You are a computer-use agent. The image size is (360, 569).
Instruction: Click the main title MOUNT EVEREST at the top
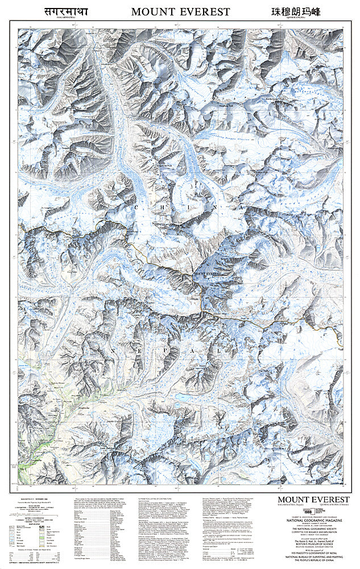[x=180, y=11]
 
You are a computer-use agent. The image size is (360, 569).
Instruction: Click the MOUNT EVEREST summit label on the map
[x=207, y=274]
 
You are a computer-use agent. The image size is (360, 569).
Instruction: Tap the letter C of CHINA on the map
[x=136, y=209]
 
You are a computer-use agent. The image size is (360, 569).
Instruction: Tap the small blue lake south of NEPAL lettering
[x=181, y=397]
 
